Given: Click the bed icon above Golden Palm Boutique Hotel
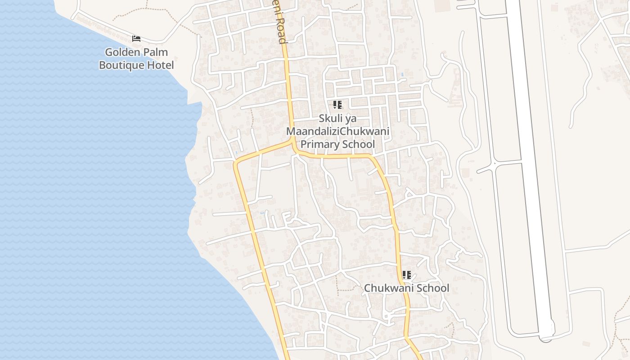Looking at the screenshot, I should point(136,39).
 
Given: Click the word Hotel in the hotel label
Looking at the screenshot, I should point(161,65).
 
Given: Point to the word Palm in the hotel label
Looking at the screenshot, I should point(156,52).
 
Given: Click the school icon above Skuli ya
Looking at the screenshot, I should point(337,105).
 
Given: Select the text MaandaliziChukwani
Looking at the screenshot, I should point(337,132).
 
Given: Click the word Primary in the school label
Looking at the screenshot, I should point(320,144).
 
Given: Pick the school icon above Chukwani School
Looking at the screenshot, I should point(406,275).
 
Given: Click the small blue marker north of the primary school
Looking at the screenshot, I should point(402,74).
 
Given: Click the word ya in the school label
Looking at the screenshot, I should point(350,119).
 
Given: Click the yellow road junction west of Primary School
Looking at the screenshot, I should point(293,143).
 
